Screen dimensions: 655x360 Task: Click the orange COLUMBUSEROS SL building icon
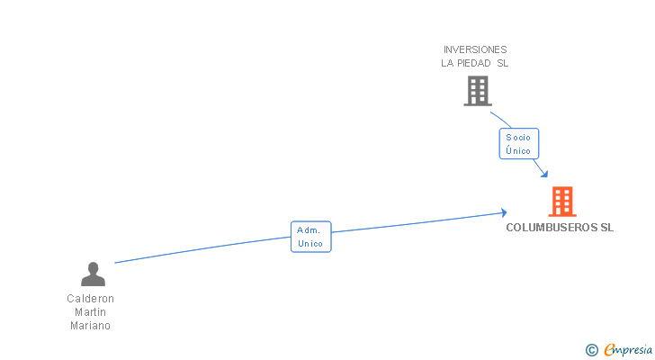[562, 202]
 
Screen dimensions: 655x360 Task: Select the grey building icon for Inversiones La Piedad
[478, 91]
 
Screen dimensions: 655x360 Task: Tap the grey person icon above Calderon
[93, 274]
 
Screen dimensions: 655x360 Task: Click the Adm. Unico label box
[310, 237]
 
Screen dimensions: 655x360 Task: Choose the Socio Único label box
[518, 144]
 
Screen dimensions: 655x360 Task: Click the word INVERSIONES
[475, 49]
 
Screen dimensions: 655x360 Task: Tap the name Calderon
[91, 299]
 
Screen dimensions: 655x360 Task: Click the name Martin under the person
[91, 312]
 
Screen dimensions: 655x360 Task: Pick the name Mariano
[91, 326]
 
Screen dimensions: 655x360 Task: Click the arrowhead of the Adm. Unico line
[503, 213]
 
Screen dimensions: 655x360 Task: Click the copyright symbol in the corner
[592, 350]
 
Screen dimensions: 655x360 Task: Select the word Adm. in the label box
[309, 230]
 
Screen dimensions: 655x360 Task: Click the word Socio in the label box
[518, 138]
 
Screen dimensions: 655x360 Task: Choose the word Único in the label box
[518, 150]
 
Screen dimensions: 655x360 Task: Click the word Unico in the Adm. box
[310, 244]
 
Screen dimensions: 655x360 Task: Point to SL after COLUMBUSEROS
[606, 228]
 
